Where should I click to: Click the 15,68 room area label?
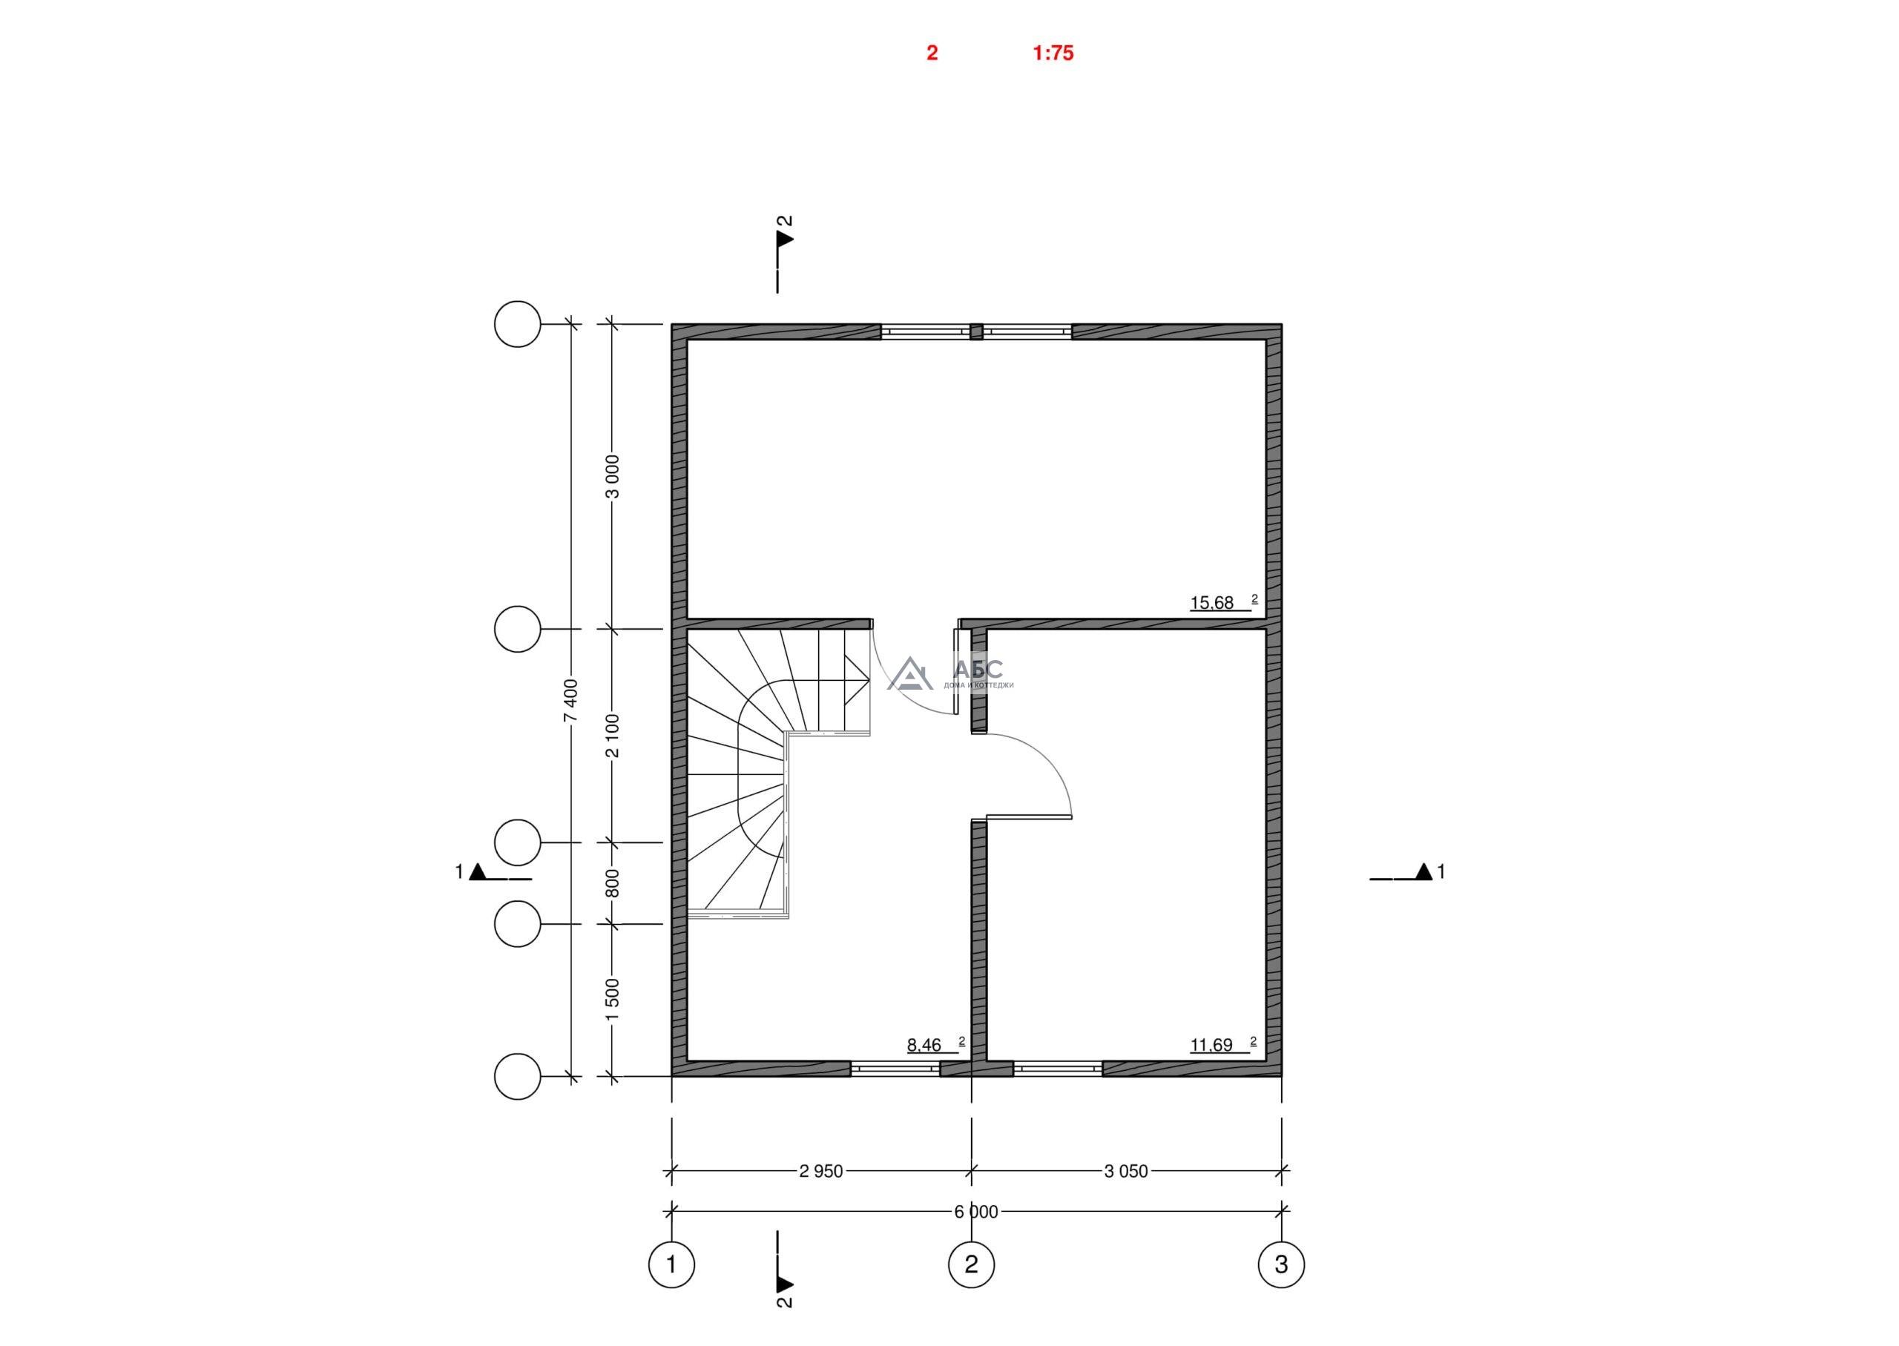[x=1212, y=603]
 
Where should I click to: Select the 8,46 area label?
[x=924, y=1045]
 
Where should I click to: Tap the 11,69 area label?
[x=1212, y=1045]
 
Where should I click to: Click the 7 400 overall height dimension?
[x=571, y=700]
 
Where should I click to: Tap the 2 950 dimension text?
[x=820, y=1171]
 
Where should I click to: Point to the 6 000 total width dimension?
[x=976, y=1213]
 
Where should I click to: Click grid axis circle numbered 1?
[x=671, y=1264]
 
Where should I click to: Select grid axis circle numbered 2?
[x=972, y=1264]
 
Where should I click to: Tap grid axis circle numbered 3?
[x=1282, y=1264]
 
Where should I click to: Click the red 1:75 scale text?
[x=1053, y=53]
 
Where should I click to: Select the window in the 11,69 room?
[x=1058, y=1069]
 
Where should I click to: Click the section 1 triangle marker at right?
[x=1424, y=871]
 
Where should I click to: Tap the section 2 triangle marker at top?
[x=785, y=239]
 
